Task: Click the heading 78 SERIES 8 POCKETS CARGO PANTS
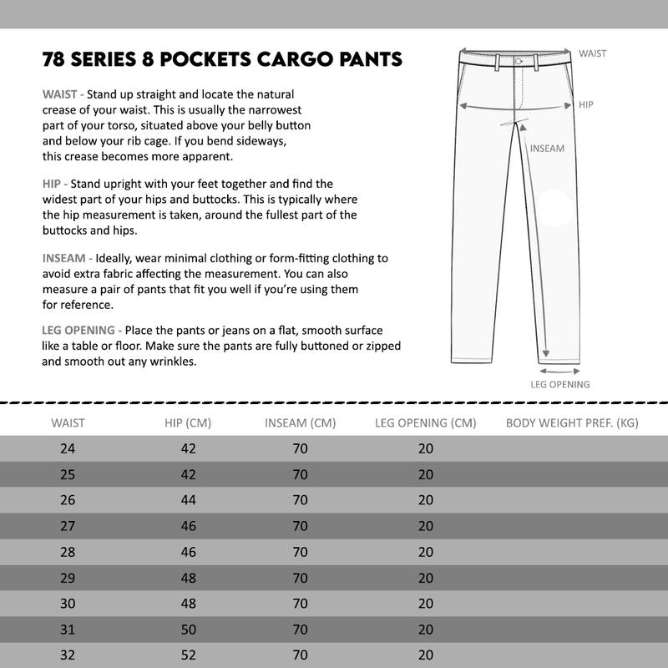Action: click(x=222, y=60)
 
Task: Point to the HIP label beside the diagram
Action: click(x=586, y=105)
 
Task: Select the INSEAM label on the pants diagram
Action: click(x=548, y=149)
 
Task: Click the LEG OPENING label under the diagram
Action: click(x=560, y=385)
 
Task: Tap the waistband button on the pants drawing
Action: click(x=519, y=61)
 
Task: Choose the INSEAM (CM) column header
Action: click(x=300, y=423)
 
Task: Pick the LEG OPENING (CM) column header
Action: click(x=426, y=423)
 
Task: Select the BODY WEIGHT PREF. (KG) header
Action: click(x=572, y=423)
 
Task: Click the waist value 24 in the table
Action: click(x=68, y=449)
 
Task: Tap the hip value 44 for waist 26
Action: click(x=188, y=500)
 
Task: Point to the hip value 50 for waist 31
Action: click(x=188, y=630)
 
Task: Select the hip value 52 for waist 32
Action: click(x=188, y=655)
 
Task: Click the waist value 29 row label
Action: click(x=68, y=578)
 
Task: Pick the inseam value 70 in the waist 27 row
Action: click(x=301, y=526)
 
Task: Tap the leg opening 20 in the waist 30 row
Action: click(x=426, y=604)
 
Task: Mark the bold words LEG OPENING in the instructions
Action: click(x=80, y=331)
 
